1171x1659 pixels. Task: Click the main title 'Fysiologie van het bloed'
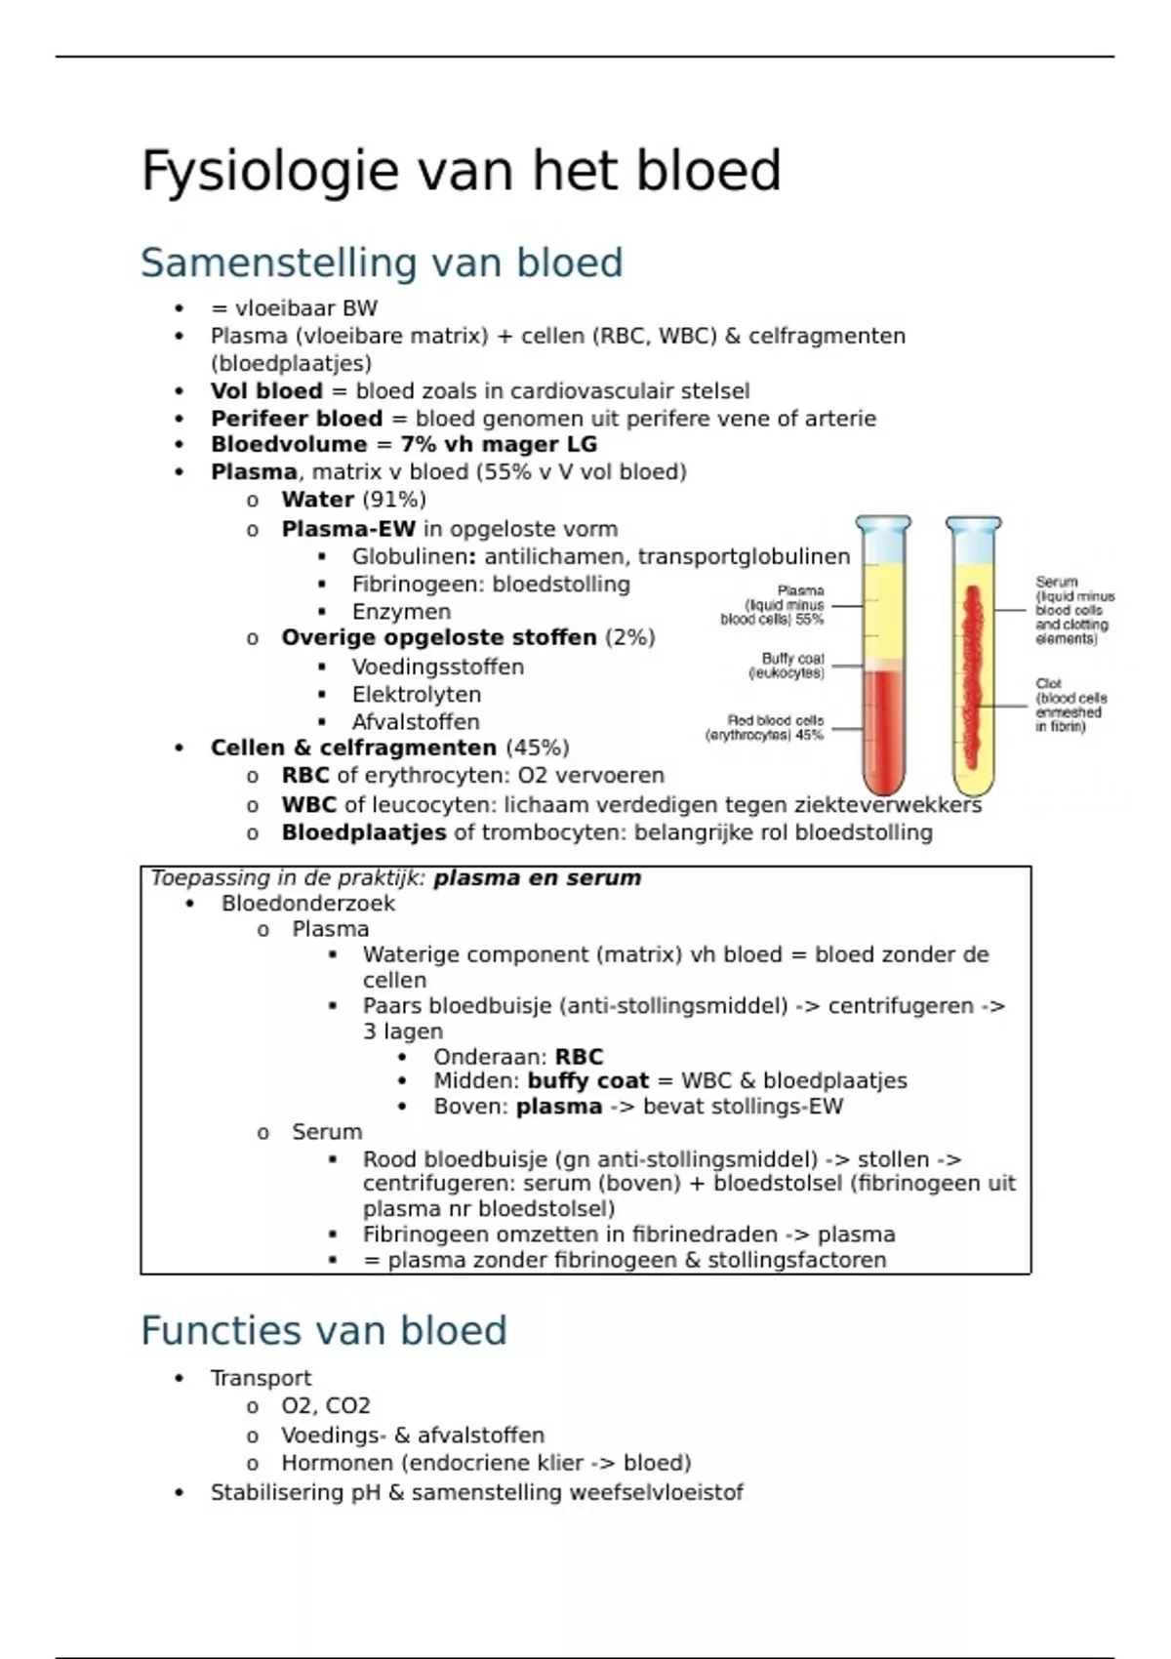tap(461, 172)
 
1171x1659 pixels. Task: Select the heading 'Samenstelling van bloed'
tap(382, 263)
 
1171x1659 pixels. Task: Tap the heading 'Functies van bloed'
tap(324, 1330)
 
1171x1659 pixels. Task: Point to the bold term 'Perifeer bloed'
tap(297, 419)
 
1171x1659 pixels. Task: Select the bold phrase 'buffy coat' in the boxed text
tap(587, 1081)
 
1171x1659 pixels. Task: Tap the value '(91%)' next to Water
tap(394, 500)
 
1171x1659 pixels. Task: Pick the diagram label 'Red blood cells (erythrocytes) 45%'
tap(767, 728)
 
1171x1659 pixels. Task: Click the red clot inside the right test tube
tap(972, 673)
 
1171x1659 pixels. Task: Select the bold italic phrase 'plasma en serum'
tap(538, 878)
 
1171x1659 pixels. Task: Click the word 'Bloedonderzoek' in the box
tap(308, 904)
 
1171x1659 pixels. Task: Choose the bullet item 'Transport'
tap(261, 1378)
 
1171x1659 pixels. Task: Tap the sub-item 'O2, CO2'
tap(326, 1406)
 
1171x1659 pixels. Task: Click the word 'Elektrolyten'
tap(417, 695)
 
